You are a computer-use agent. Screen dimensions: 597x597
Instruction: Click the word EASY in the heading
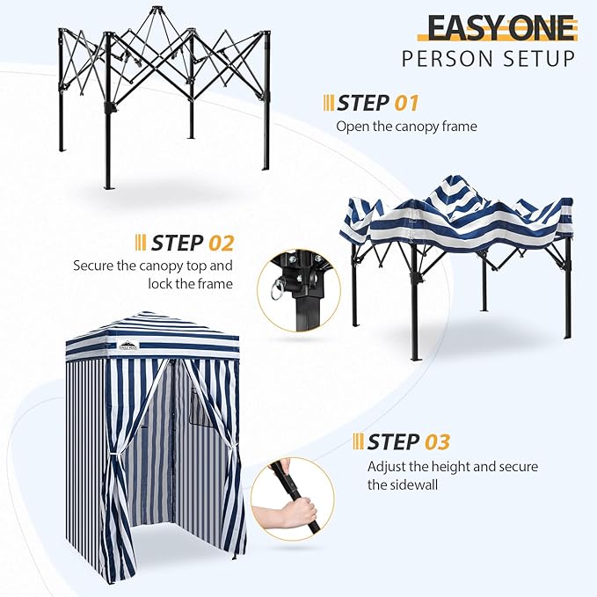point(461,27)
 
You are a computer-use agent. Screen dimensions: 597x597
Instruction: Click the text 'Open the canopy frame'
point(406,126)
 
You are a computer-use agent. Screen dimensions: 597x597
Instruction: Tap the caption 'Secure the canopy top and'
point(153,265)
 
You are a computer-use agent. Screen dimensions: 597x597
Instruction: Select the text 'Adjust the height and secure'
point(453,466)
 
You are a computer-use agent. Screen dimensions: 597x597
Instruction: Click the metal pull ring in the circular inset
point(272,287)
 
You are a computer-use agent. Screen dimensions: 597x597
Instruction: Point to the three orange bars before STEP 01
point(329,103)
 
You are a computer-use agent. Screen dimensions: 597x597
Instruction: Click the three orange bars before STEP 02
point(140,243)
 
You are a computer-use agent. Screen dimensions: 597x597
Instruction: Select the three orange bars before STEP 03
point(358,441)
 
